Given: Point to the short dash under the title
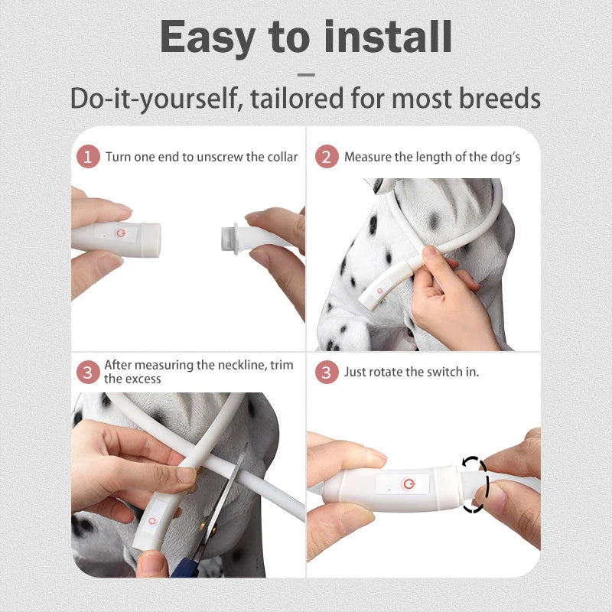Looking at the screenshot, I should click(x=306, y=75).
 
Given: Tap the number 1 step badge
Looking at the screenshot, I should click(x=89, y=157).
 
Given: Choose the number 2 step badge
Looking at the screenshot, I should click(x=327, y=157).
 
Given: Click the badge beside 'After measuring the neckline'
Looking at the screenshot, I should click(x=89, y=373).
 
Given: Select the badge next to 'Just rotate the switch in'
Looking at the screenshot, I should click(x=327, y=373).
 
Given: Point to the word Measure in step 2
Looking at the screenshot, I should click(x=366, y=157).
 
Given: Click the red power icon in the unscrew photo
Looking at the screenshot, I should click(x=119, y=230).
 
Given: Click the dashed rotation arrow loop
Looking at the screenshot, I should click(x=474, y=484).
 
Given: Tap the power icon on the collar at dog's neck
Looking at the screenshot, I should click(x=377, y=291).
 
